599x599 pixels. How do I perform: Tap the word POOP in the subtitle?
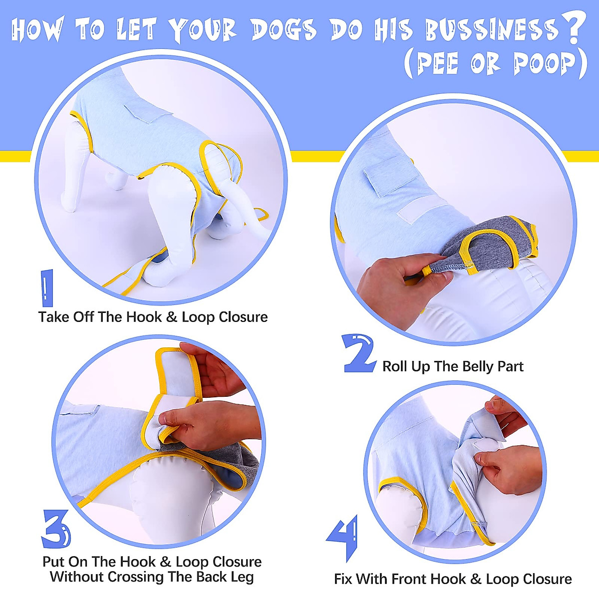545,64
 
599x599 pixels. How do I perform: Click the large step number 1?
46,288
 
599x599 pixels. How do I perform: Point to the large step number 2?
359,353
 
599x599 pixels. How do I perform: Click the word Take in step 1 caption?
54,317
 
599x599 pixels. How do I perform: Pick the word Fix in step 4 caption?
343,579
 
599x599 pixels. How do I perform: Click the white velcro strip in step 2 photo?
422,208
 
